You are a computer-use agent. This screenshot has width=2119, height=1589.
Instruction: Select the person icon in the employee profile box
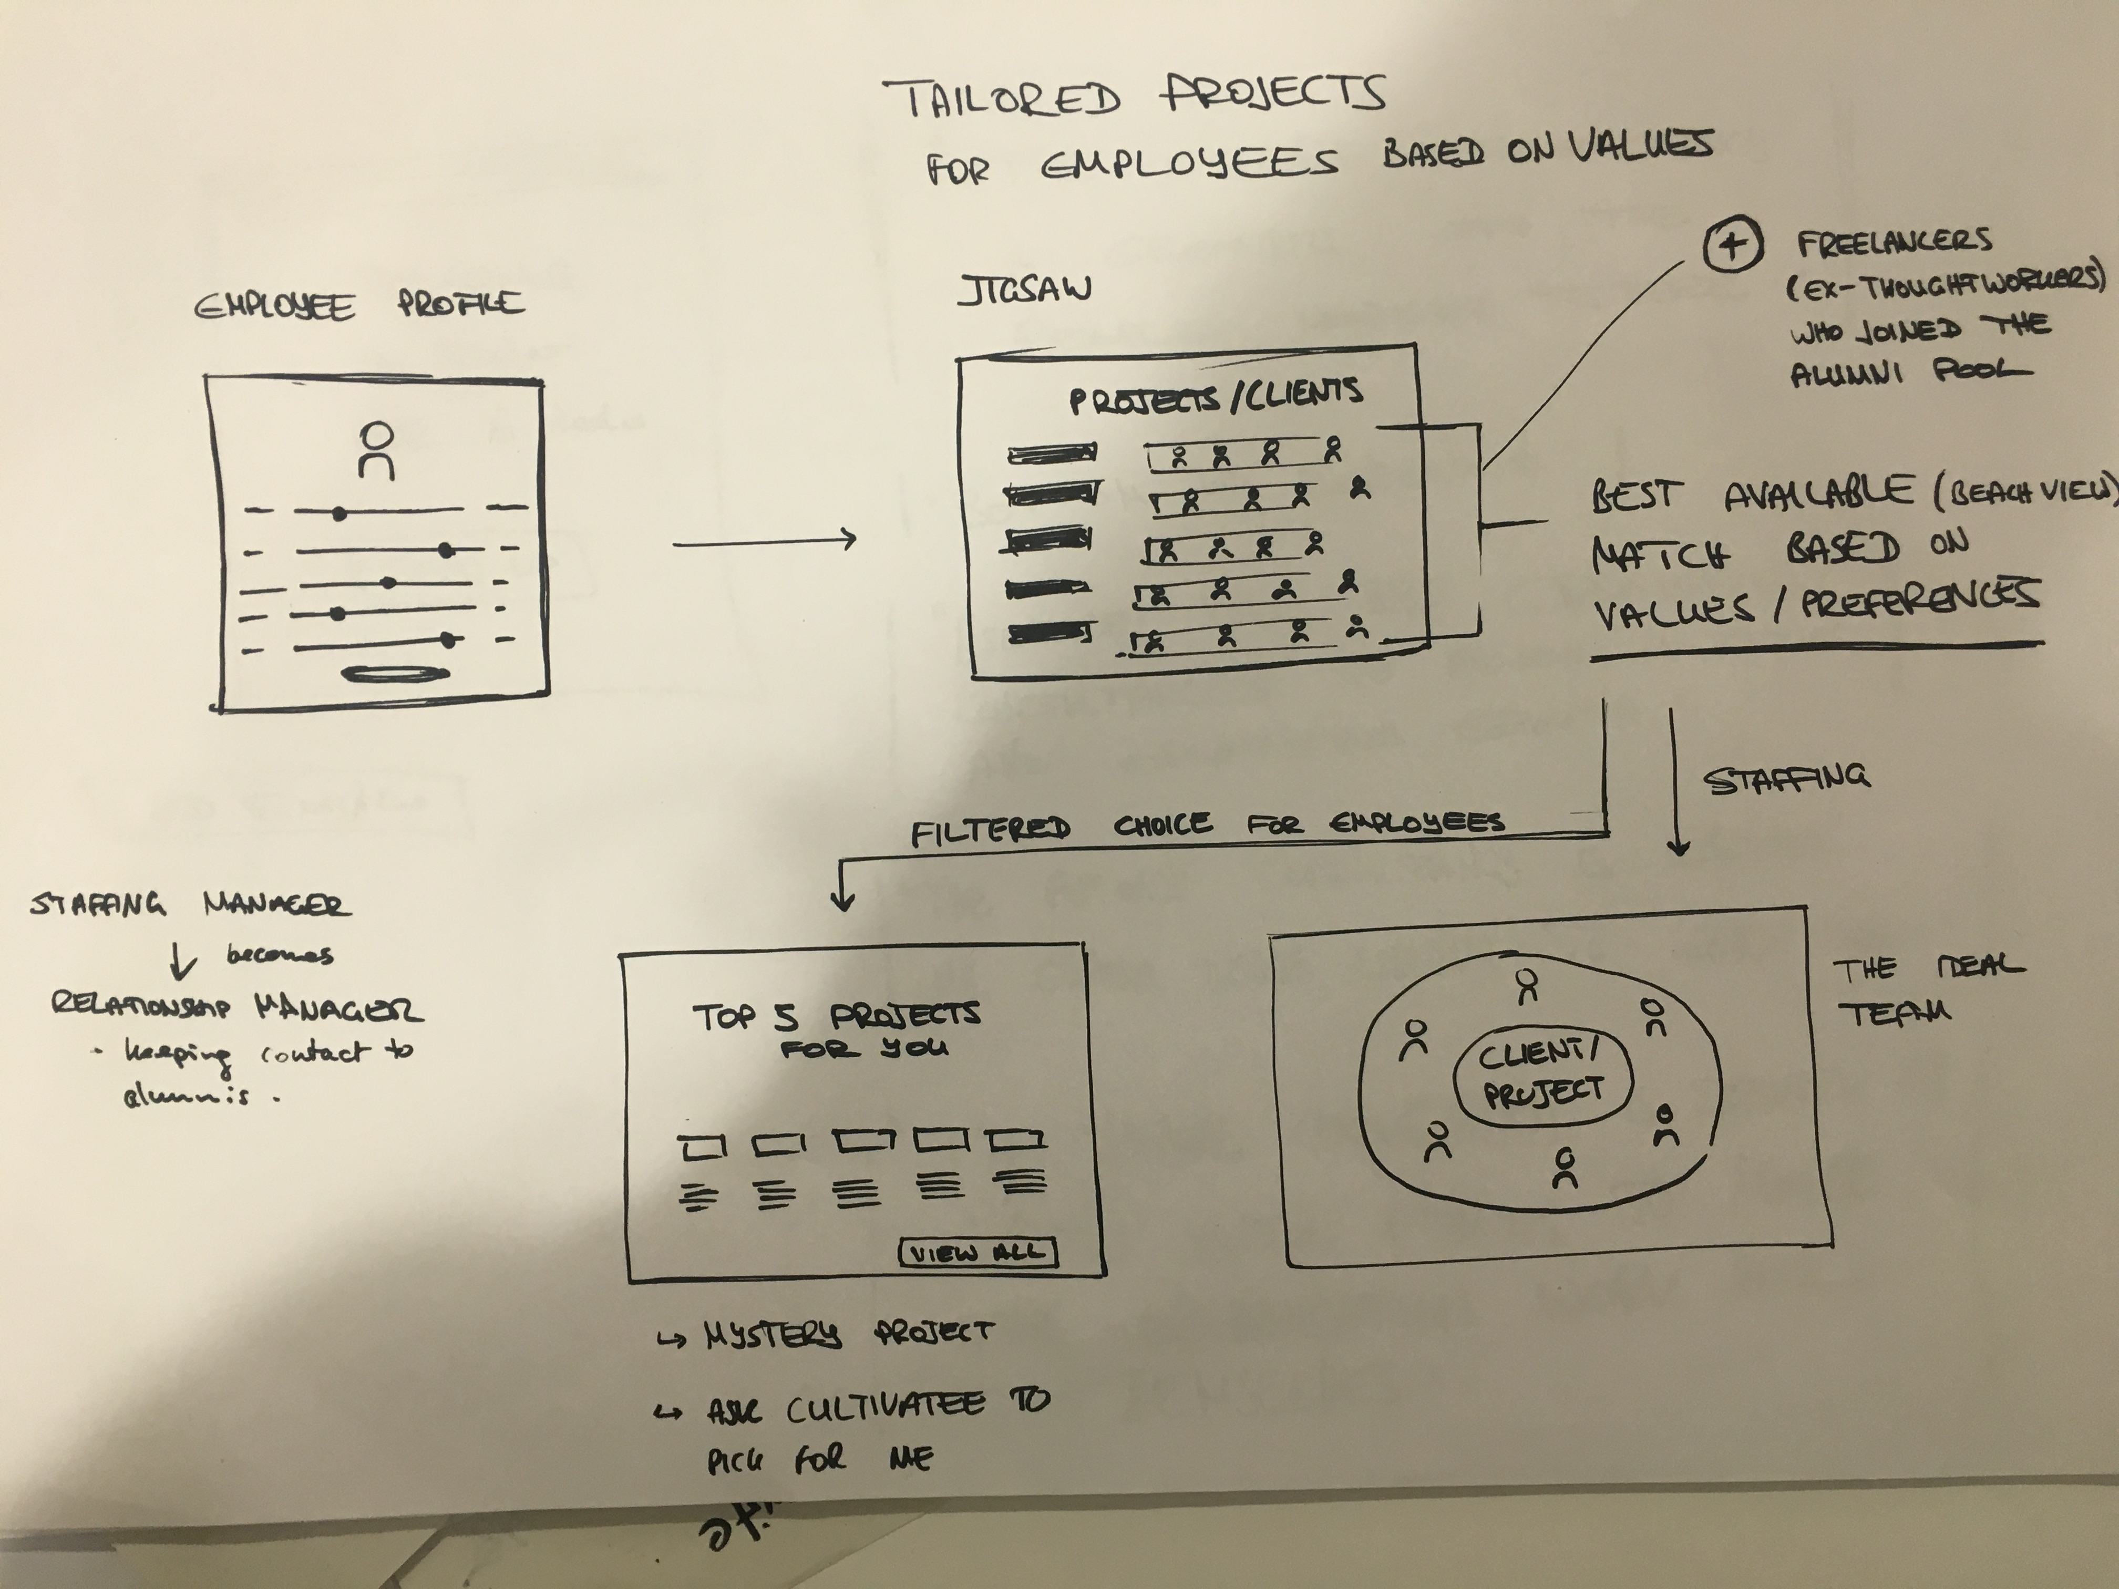tap(376, 450)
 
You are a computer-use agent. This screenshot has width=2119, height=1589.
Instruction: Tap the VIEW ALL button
tap(977, 1253)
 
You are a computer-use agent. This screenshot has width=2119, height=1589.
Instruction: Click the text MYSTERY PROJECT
tap(848, 1333)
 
